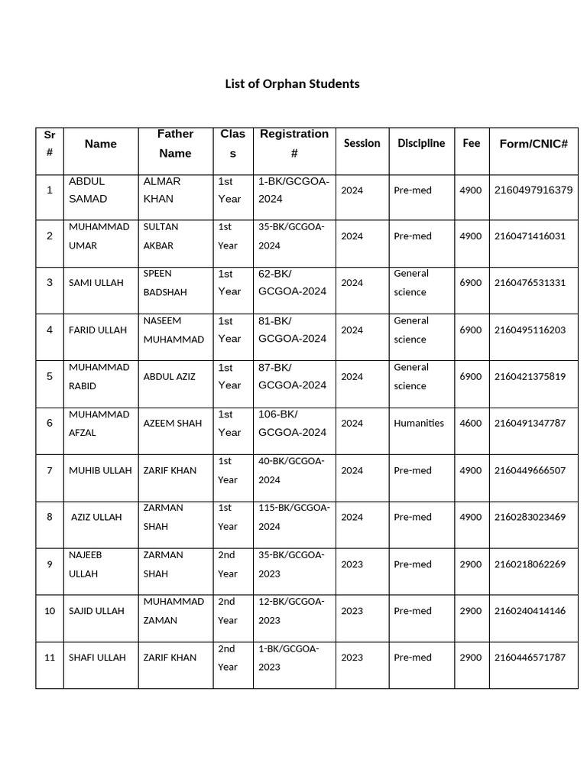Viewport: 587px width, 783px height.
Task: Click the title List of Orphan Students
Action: click(292, 84)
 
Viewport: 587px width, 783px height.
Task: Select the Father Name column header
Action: click(175, 144)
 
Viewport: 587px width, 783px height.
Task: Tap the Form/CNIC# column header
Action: click(533, 144)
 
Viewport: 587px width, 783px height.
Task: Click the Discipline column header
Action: click(420, 143)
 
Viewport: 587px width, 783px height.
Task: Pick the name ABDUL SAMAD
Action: click(88, 190)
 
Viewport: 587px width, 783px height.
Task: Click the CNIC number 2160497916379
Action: click(533, 190)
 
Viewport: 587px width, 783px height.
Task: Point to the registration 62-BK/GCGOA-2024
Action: click(292, 283)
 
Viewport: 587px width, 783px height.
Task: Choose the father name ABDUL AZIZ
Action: click(169, 377)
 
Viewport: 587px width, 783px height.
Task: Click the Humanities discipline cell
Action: click(419, 424)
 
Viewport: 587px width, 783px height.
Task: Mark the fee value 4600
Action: click(470, 424)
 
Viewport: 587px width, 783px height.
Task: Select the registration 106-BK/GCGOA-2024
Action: click(292, 424)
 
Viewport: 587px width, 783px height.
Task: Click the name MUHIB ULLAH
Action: click(100, 471)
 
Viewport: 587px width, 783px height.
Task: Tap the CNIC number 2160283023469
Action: click(530, 518)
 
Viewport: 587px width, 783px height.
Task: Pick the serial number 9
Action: click(50, 564)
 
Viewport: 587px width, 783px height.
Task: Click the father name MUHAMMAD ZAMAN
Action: click(174, 611)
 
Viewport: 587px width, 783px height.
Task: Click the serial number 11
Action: click(50, 658)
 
